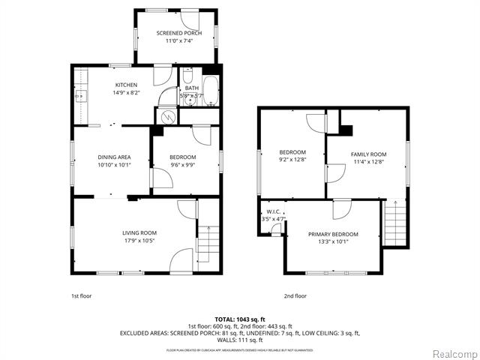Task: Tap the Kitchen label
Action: point(126,85)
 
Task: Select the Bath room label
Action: point(192,88)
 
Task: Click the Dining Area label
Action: point(114,157)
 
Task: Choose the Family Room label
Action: point(367,154)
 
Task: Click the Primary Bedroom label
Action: point(333,234)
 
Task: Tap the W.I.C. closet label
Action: point(273,212)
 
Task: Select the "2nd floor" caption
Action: point(295,296)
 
